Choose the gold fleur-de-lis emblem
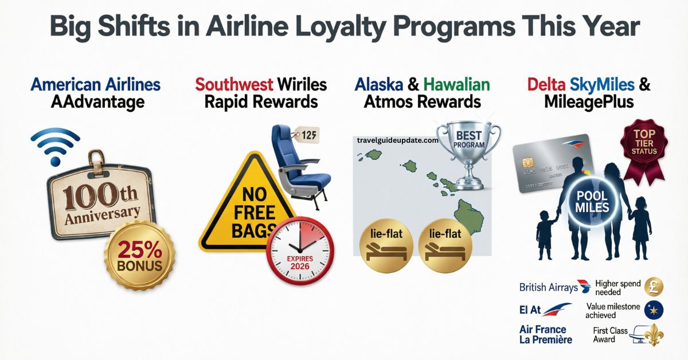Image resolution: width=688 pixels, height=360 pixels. [654, 335]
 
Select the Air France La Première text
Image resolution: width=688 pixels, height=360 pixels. [545, 334]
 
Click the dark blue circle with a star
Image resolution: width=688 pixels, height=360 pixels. [654, 310]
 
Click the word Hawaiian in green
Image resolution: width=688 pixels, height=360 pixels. [456, 85]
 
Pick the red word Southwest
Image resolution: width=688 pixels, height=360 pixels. [233, 85]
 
